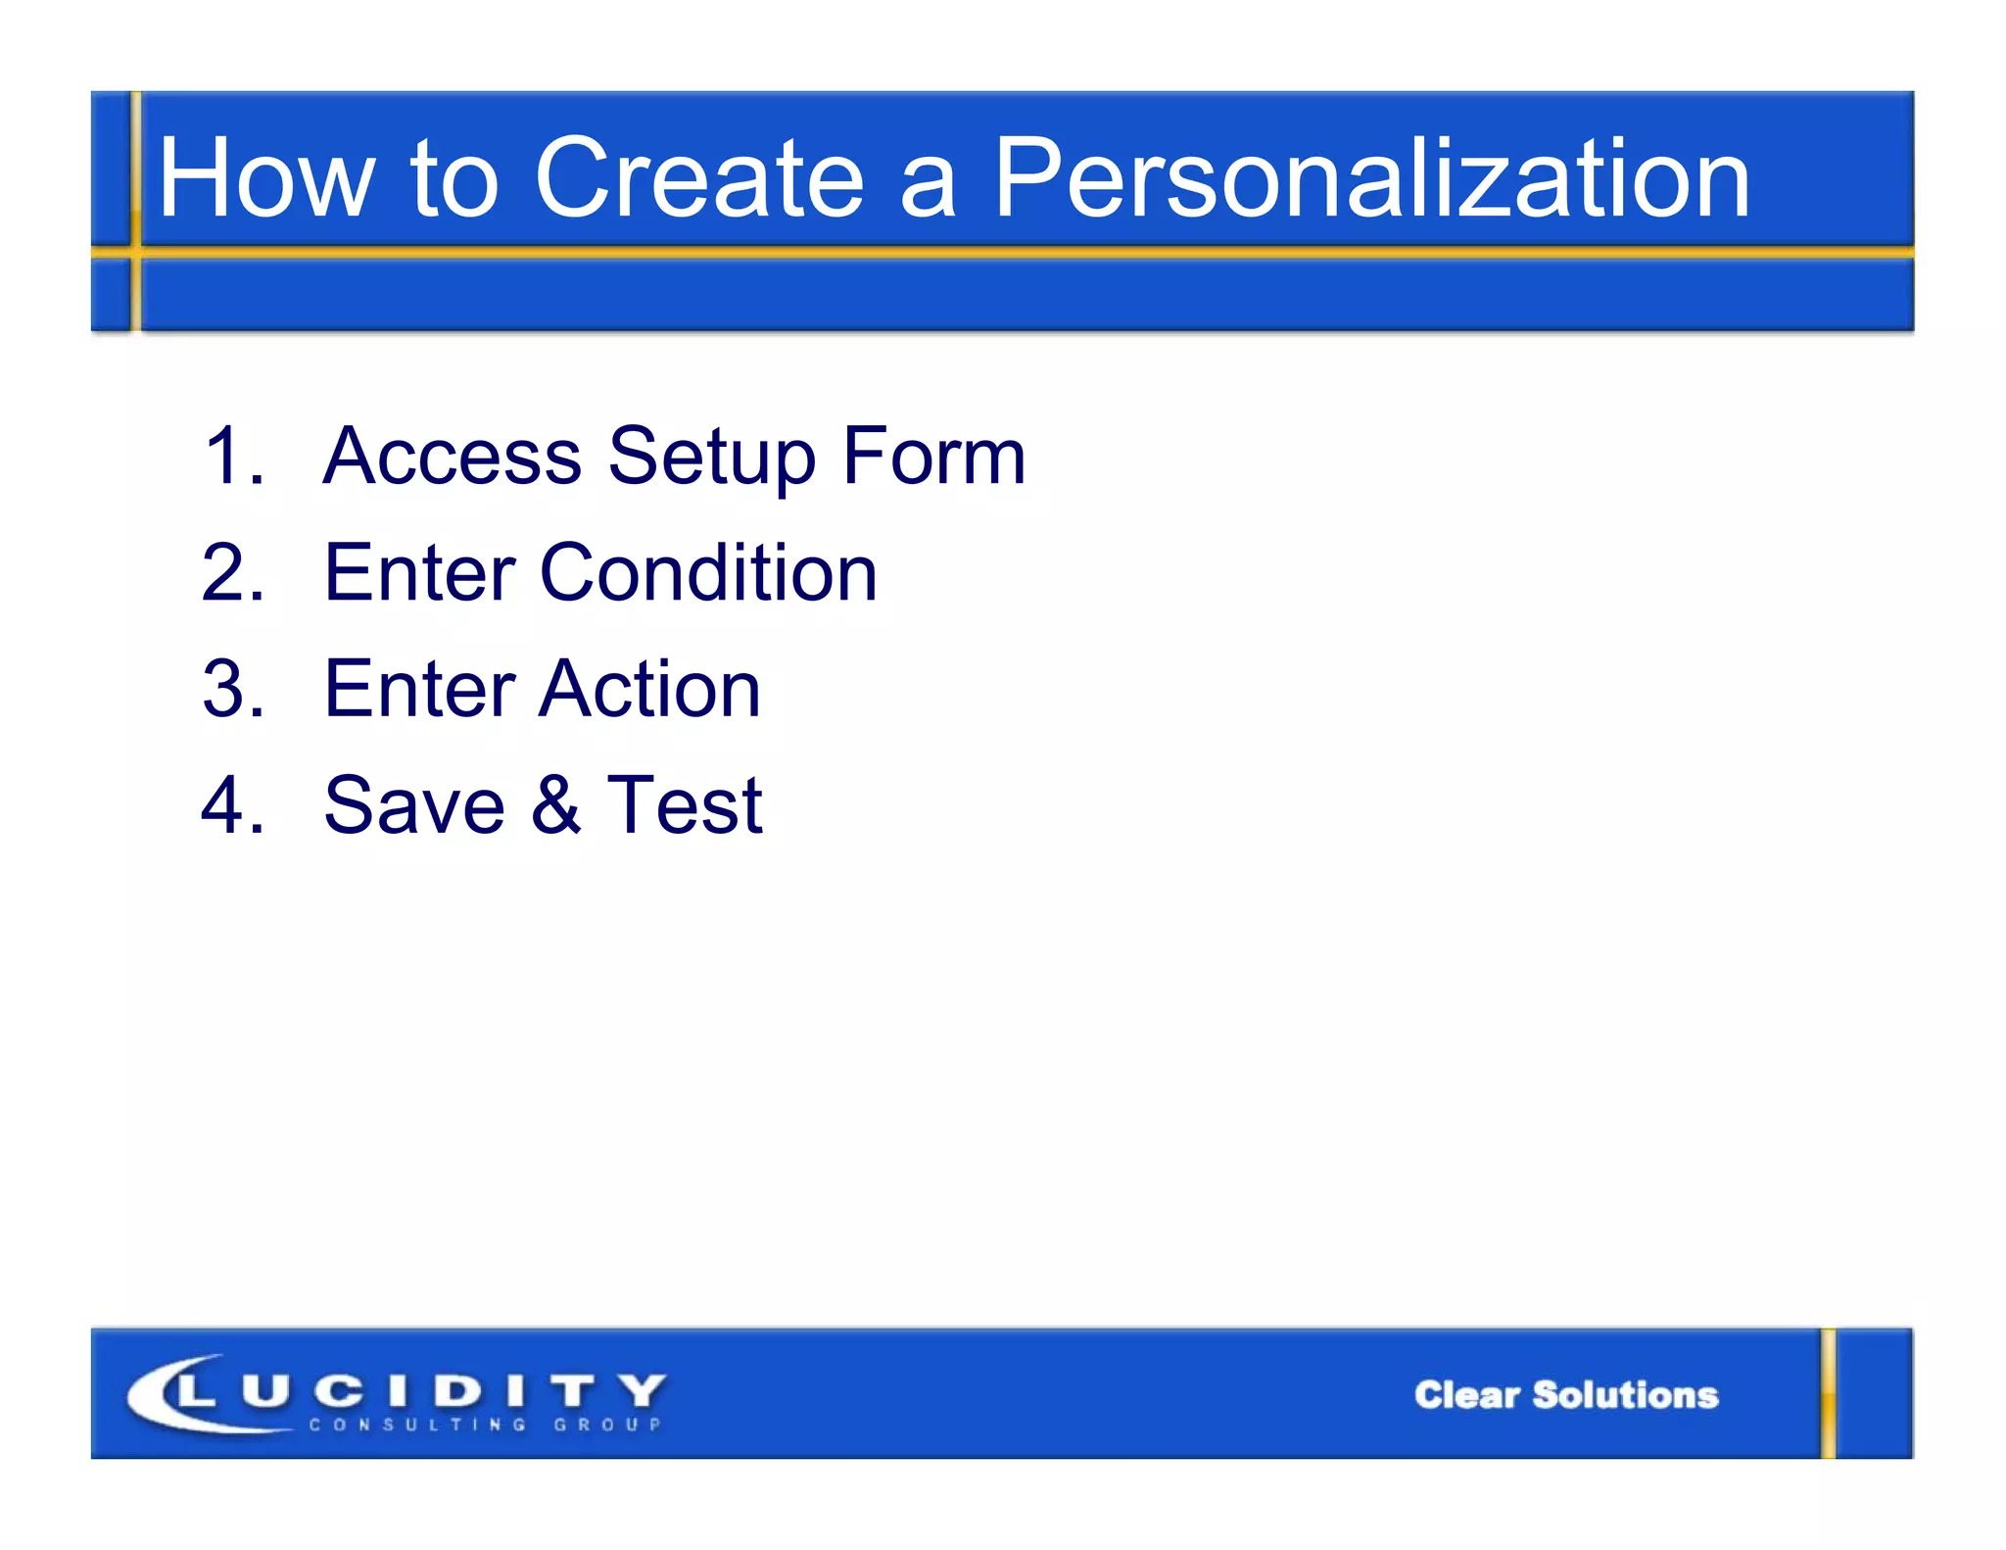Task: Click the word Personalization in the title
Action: coord(1371,179)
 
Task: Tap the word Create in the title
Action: coord(698,179)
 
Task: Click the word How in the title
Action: coord(265,179)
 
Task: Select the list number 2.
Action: coord(233,573)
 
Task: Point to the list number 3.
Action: coord(233,689)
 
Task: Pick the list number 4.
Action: coord(233,805)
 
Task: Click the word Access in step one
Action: coord(452,456)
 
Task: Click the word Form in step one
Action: coord(933,456)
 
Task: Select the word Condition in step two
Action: coord(707,573)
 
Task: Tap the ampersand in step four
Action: coord(555,805)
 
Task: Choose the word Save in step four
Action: coord(413,805)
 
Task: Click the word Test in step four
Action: coord(684,805)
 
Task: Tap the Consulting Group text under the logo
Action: coord(486,1425)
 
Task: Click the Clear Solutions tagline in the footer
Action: coord(1565,1395)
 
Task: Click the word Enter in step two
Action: coord(419,573)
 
